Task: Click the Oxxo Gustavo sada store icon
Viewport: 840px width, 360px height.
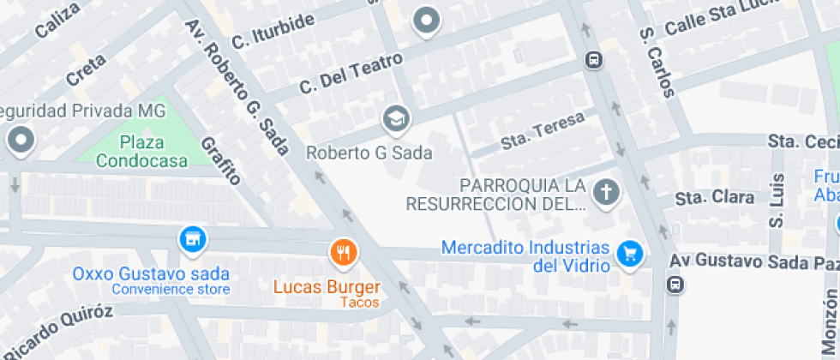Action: tap(194, 239)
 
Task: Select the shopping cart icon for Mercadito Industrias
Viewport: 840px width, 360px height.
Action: tap(630, 253)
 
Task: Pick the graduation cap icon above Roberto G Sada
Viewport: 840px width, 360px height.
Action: tap(396, 118)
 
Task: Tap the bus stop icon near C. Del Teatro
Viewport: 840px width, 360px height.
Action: tap(592, 60)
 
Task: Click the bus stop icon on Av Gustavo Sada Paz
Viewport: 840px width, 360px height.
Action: tap(675, 285)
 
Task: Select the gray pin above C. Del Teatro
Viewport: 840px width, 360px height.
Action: tap(426, 20)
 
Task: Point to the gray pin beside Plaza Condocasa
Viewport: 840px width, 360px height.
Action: tap(20, 140)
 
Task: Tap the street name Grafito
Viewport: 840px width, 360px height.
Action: tap(219, 160)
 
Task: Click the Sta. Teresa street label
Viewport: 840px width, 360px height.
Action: tap(543, 129)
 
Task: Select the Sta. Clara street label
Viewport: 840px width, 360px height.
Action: tap(714, 198)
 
